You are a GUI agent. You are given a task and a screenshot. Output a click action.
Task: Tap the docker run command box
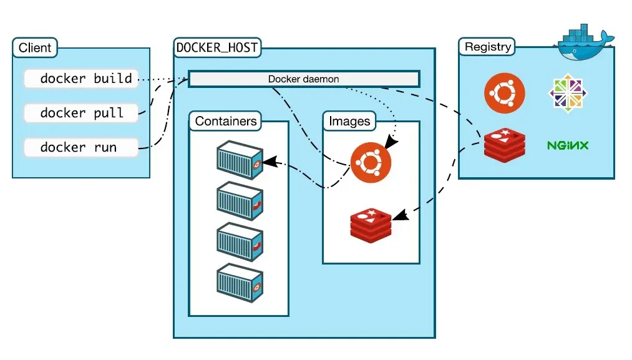click(80, 148)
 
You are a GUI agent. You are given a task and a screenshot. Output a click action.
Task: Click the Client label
click(35, 48)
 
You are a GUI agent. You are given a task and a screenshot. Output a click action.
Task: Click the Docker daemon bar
click(304, 79)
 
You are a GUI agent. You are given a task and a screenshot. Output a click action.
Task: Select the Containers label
click(225, 121)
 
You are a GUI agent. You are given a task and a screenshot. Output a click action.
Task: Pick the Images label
click(349, 121)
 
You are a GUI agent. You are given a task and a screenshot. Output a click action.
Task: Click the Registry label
click(488, 47)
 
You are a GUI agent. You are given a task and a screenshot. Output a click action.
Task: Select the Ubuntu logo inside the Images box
click(371, 163)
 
